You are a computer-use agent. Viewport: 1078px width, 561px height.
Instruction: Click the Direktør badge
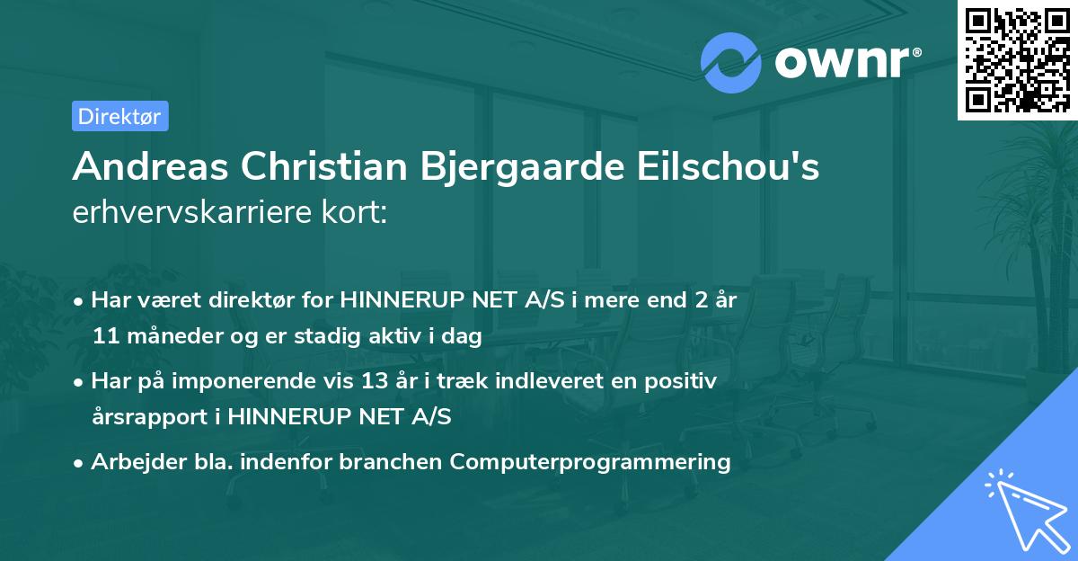pos(119,116)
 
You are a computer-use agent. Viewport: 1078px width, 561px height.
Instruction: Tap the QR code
pos(1018,59)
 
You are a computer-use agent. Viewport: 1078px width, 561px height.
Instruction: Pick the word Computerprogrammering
pos(590,462)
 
